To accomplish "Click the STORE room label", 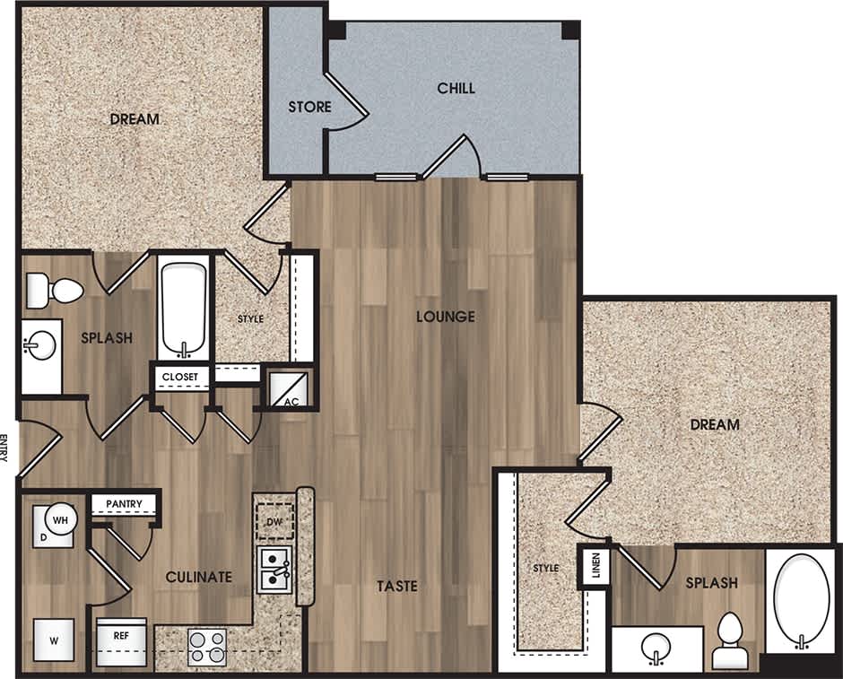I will (x=309, y=107).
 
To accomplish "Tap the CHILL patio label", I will (x=456, y=88).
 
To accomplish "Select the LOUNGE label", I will (x=445, y=317).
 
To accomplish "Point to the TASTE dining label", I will (x=396, y=586).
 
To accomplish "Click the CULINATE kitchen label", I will (x=199, y=577).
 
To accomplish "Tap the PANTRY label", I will (x=124, y=503).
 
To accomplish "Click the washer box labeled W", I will (x=54, y=640).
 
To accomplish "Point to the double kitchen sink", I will (x=274, y=570).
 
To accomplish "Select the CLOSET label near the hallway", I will (x=180, y=376).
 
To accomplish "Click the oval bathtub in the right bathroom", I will (x=802, y=600).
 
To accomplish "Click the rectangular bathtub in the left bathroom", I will (x=184, y=309).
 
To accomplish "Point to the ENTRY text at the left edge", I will (x=5, y=448).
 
